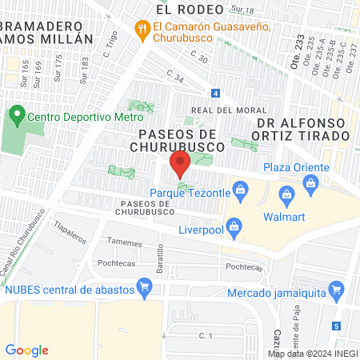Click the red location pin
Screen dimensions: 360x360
(179, 164)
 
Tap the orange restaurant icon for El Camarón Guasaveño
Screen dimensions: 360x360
(142, 30)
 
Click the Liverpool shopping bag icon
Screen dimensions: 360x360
(233, 229)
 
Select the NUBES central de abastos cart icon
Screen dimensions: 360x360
(145, 286)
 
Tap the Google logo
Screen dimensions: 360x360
(26, 350)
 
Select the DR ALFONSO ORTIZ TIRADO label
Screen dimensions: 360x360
(303, 129)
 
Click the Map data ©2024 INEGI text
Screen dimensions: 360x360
(311, 354)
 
